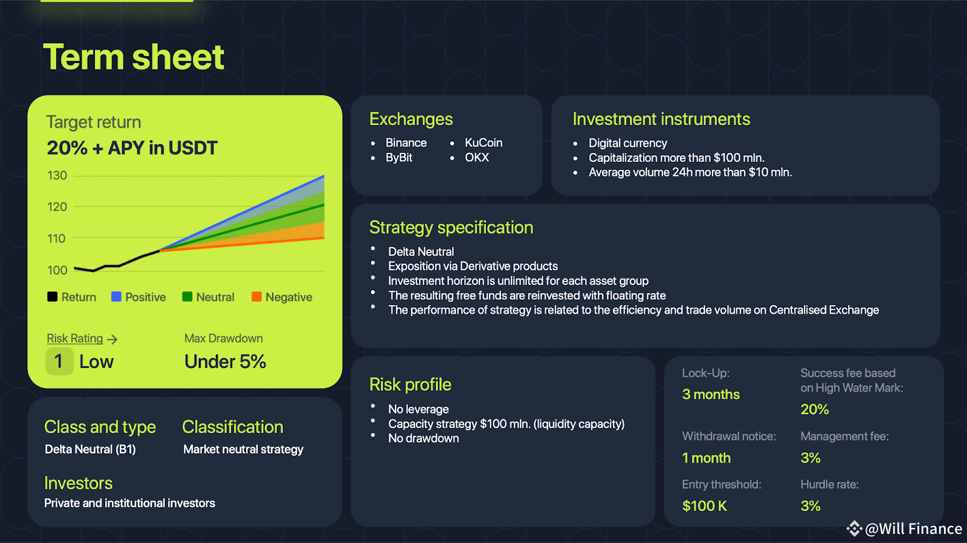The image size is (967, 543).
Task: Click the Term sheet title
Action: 134,57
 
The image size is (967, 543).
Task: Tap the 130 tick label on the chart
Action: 57,176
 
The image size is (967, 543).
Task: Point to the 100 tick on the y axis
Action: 57,271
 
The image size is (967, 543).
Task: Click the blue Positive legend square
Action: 116,297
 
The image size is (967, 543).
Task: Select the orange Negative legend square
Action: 256,297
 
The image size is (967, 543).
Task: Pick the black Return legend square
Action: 52,297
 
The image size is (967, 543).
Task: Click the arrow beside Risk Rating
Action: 112,339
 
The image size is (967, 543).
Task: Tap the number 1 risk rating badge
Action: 59,361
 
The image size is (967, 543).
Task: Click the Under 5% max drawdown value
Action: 225,362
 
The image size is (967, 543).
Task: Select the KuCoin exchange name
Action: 483,143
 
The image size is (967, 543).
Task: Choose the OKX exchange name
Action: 477,158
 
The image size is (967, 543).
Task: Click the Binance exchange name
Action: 406,143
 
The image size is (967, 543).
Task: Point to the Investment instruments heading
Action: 661,120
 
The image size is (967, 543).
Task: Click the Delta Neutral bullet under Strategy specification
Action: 421,251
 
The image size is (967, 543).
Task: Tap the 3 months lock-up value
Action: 711,394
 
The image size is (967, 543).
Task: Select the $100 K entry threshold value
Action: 705,506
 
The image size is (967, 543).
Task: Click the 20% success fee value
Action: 815,410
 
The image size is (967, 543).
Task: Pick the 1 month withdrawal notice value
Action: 707,458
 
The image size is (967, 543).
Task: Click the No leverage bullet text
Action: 418,409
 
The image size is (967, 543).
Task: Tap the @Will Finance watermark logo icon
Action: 854,529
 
